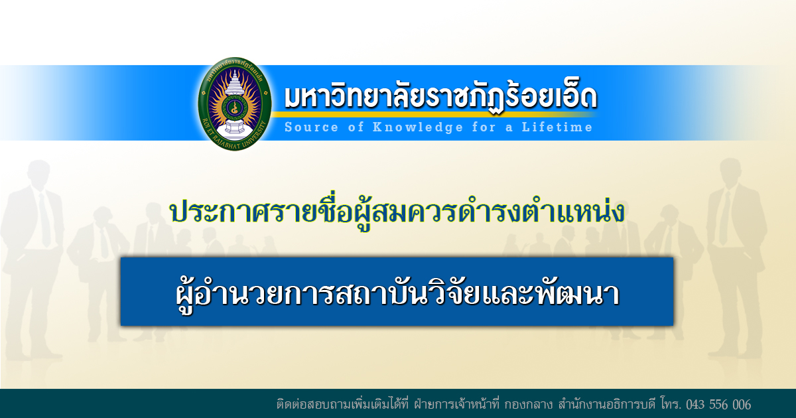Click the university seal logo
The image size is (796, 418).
235,104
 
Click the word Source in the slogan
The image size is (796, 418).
311,127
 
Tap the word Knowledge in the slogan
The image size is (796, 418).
418,127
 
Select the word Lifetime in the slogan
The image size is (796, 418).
557,127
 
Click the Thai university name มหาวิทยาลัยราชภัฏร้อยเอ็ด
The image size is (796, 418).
440,98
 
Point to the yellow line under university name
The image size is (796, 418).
435,114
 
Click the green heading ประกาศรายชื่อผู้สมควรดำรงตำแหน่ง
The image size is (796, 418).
397,214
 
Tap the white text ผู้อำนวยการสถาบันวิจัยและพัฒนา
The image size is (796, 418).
398,295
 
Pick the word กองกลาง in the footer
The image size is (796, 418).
529,405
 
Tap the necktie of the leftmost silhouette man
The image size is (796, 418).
45,220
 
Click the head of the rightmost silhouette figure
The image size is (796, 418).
730,171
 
